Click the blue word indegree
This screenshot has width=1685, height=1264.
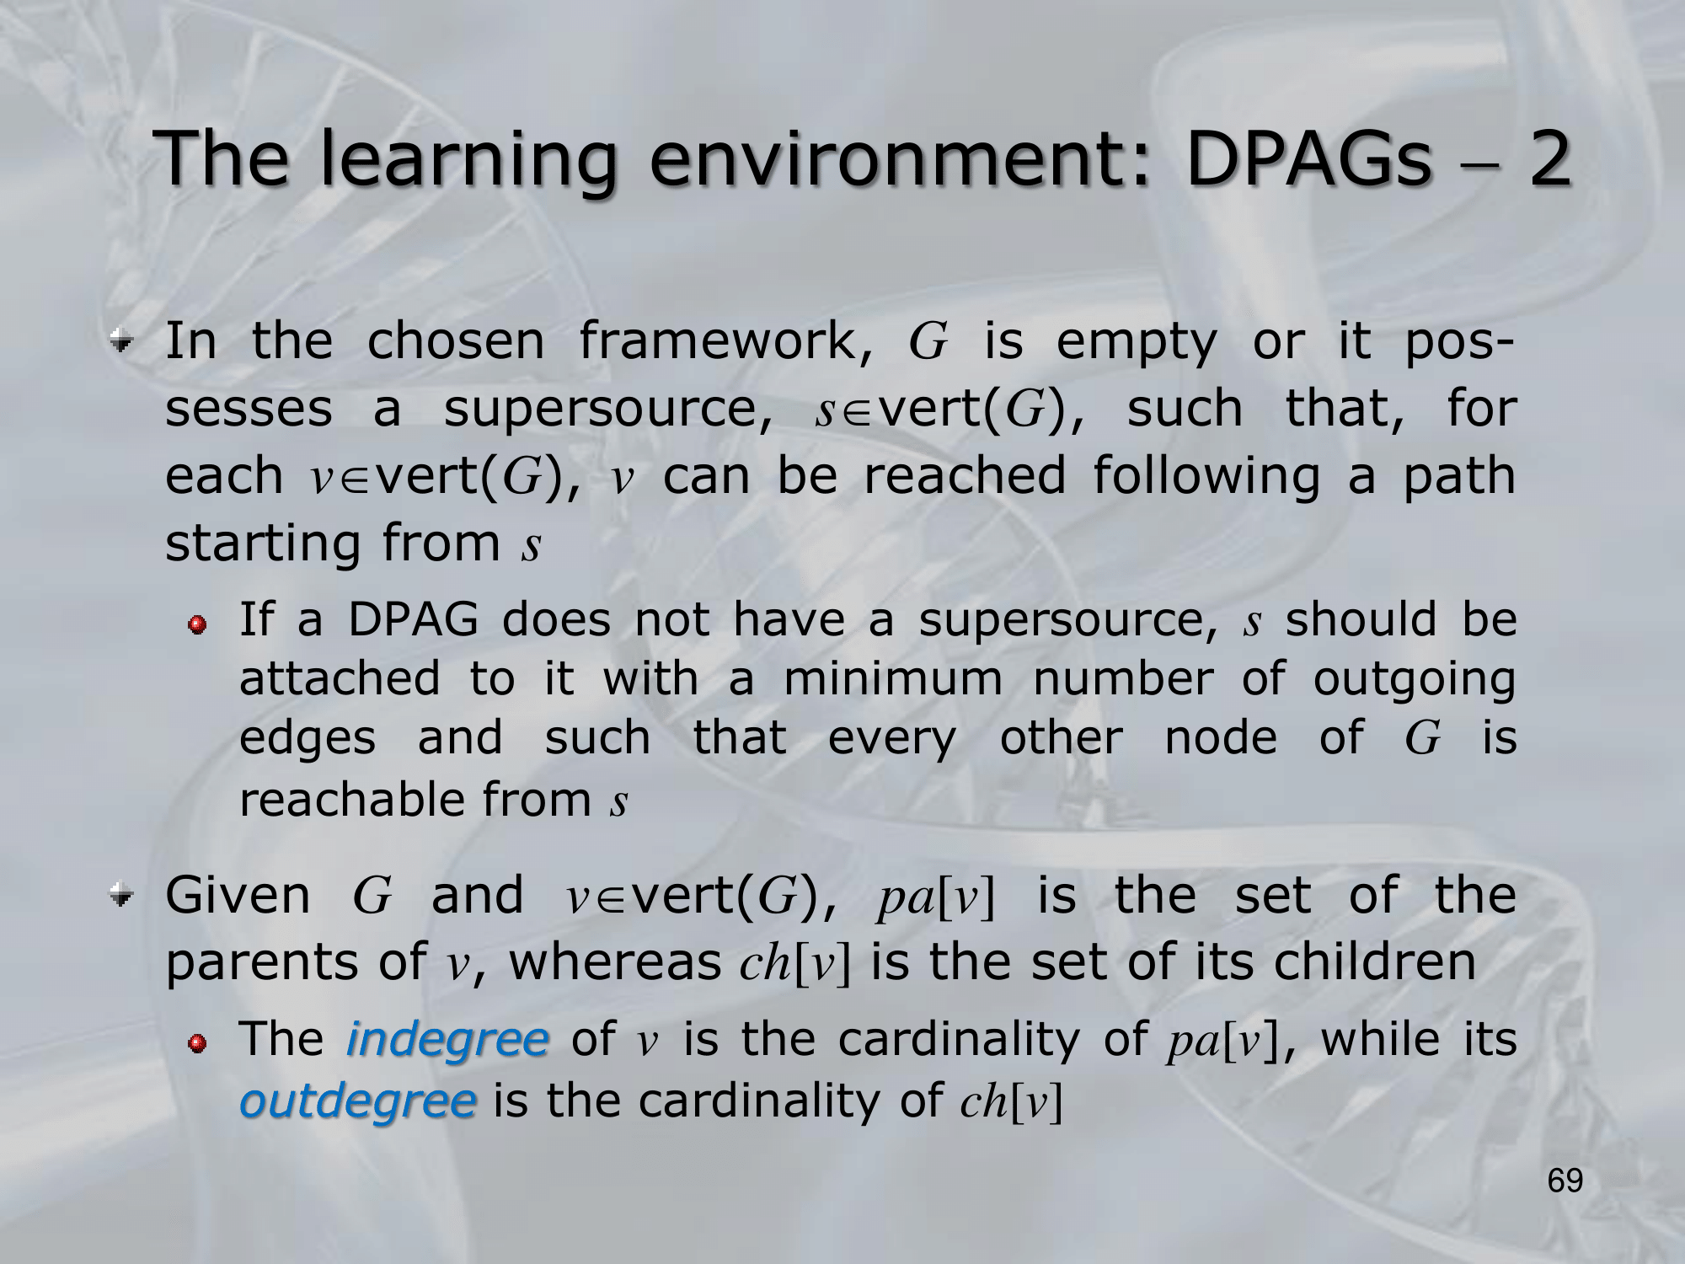pos(447,1038)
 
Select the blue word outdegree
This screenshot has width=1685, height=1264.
pos(358,1101)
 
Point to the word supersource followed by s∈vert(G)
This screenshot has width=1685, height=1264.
pos(607,410)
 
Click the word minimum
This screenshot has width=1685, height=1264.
pos(893,678)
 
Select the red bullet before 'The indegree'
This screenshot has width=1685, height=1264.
pos(196,1044)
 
